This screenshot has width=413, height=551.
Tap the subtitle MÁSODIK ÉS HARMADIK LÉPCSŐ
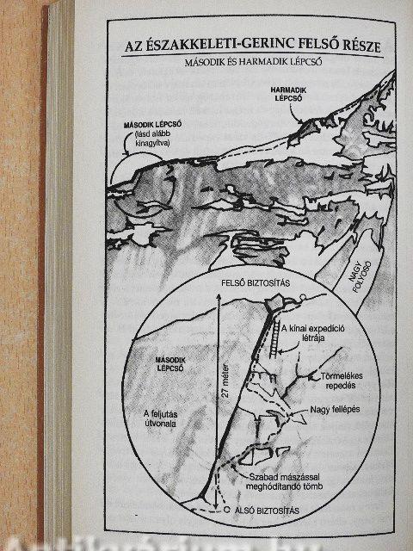coord(253,63)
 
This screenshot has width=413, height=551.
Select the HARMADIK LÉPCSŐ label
coord(288,94)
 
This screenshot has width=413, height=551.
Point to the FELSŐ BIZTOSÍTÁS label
coord(256,283)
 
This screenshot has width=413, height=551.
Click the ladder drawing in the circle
coord(275,339)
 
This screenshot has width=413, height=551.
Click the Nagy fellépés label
coord(335,410)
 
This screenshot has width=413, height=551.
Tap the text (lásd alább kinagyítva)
coord(153,139)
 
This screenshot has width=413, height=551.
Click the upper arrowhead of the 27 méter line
coord(219,297)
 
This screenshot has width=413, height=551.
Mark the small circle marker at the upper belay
coord(302,297)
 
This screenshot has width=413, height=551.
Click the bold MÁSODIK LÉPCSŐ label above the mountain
coord(153,125)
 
